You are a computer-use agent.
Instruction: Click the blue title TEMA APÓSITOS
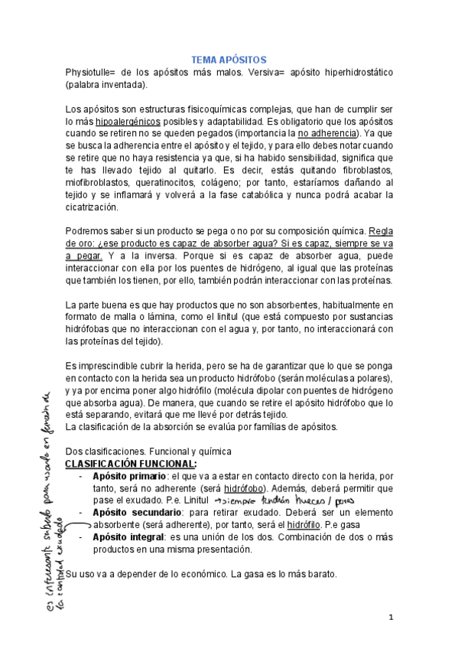pos(228,59)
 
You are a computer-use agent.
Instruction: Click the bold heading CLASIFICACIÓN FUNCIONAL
pos(131,464)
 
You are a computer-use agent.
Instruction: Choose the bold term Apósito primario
pos(128,476)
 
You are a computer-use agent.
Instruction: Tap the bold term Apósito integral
pos(123,536)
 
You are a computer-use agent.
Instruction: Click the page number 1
pos(390,616)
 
